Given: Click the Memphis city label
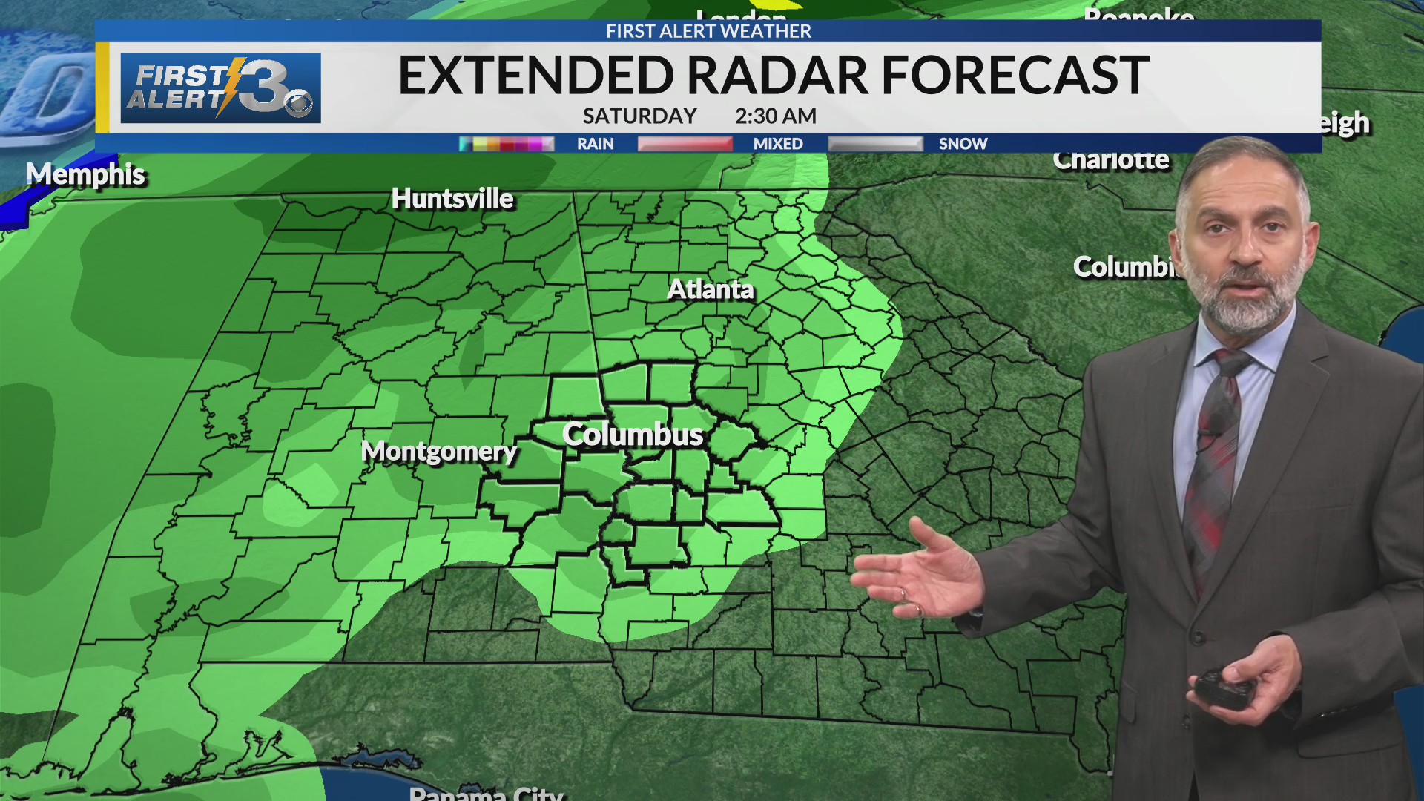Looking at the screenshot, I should click(x=85, y=175).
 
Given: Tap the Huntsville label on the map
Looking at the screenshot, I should click(x=452, y=199).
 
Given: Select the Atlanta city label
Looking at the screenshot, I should click(x=710, y=289).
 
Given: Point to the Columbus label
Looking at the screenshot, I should click(x=632, y=435).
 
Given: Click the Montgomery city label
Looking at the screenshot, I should click(x=438, y=451).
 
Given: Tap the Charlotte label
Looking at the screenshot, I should click(x=1110, y=159).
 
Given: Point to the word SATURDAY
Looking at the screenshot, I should click(x=639, y=116).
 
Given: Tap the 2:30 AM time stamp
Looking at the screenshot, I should click(x=775, y=116).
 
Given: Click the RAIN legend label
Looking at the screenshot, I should click(x=595, y=144).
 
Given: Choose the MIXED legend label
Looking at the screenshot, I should click(x=778, y=144).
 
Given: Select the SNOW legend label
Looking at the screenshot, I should click(x=963, y=144).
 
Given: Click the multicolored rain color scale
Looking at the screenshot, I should click(x=507, y=144).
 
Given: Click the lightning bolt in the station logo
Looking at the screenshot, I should click(x=231, y=85).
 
